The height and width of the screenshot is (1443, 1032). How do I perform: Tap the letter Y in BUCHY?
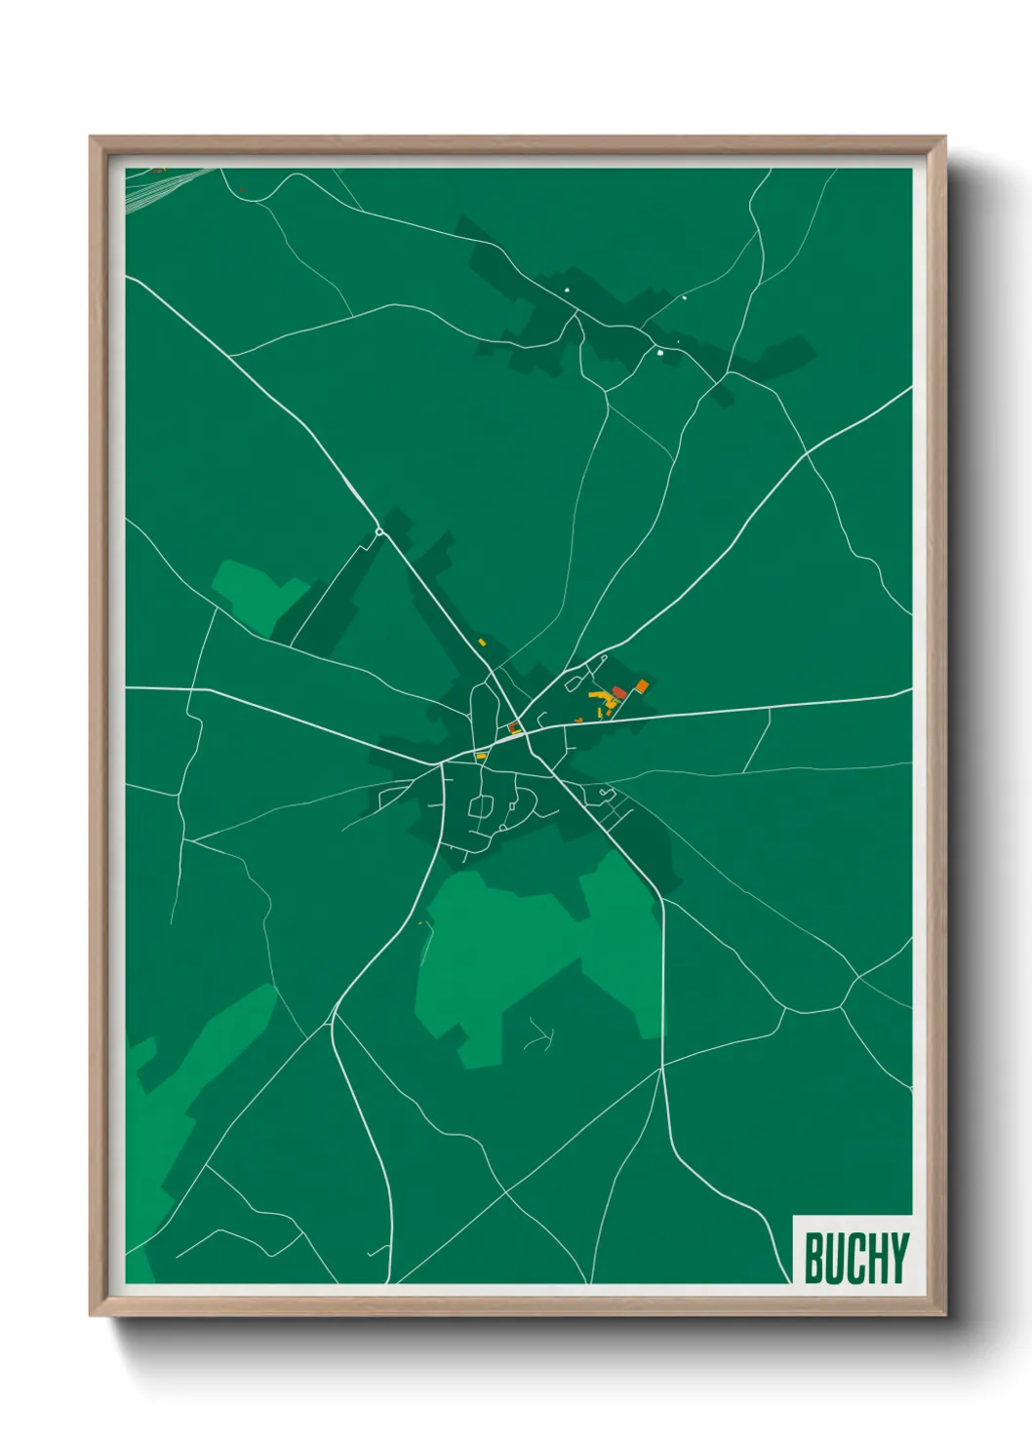pos(898,1258)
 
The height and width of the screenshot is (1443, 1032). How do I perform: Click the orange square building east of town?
pos(642,686)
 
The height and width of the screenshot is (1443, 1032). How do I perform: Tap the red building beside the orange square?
pos(619,692)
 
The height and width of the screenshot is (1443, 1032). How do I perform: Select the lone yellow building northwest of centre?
pos(482,642)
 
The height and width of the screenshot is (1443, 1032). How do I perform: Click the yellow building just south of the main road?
pos(480,756)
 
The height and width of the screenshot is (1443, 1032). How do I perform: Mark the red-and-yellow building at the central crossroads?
pos(513,727)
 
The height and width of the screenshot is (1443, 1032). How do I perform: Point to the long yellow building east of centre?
pos(598,695)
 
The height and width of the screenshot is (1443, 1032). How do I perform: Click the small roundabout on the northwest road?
pos(378,531)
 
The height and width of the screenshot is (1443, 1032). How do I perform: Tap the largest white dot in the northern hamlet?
pos(660,353)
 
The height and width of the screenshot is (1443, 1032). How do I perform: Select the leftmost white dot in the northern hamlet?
pos(565,290)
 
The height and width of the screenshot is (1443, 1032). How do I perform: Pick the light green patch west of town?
pos(249,590)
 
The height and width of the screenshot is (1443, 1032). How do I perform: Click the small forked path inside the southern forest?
pos(539,1035)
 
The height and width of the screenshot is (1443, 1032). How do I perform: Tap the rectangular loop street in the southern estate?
pos(481,806)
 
